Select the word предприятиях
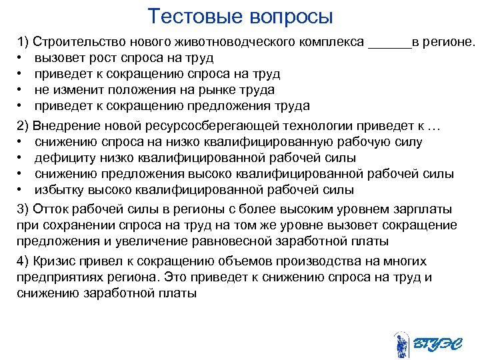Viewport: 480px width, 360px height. pos(56,277)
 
